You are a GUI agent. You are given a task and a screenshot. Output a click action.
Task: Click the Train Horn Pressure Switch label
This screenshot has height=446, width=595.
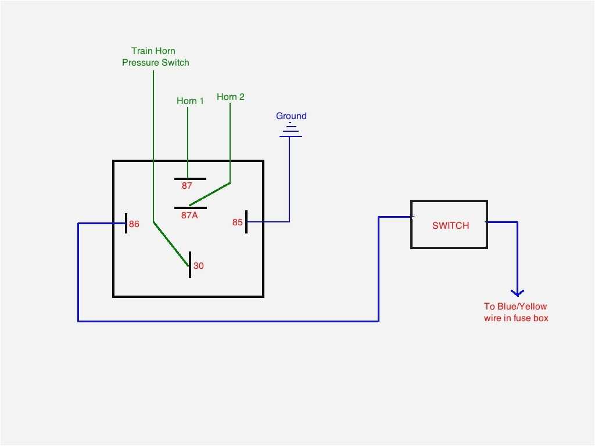155,56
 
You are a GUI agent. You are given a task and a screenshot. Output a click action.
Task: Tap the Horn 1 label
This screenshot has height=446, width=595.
190,101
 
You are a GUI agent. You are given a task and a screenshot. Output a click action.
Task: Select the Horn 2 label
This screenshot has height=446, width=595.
231,97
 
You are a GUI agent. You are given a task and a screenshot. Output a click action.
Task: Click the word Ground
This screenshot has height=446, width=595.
291,116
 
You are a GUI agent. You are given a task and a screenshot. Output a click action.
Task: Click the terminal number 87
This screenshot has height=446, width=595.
187,186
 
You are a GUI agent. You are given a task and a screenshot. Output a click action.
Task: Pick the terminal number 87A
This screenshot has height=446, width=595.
189,215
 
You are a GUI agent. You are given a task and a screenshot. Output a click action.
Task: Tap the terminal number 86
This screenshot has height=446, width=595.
134,224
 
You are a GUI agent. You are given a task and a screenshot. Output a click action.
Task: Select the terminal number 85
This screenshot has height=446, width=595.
238,222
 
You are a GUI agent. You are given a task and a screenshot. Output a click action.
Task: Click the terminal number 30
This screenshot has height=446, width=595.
199,266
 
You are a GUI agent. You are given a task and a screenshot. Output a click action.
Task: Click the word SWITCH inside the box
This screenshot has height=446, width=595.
450,225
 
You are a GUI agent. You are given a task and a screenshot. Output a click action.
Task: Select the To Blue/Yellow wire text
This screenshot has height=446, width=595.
516,312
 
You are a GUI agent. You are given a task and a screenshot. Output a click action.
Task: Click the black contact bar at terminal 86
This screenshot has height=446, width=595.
126,224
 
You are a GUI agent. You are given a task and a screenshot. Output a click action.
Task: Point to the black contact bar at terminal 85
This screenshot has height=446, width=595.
246,222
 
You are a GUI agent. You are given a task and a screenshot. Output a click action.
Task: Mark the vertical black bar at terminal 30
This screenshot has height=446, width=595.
190,265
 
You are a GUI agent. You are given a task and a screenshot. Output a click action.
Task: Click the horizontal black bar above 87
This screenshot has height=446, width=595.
190,179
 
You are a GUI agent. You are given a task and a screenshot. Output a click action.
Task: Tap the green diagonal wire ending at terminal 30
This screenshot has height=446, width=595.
171,244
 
